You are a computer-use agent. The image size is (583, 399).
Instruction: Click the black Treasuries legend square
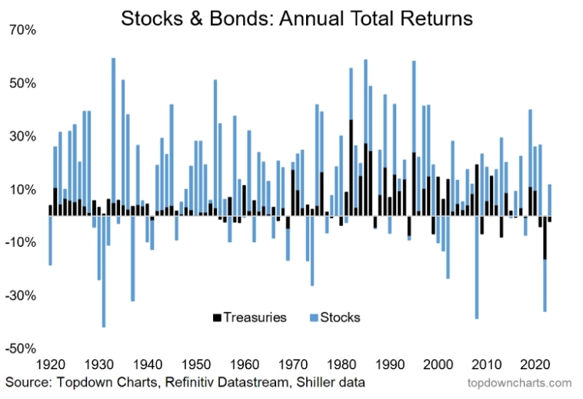tap(218, 317)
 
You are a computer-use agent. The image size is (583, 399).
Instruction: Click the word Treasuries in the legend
tap(255, 317)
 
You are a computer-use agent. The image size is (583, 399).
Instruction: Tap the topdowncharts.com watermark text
tap(519, 382)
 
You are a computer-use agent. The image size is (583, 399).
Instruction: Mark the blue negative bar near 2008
tap(477, 269)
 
